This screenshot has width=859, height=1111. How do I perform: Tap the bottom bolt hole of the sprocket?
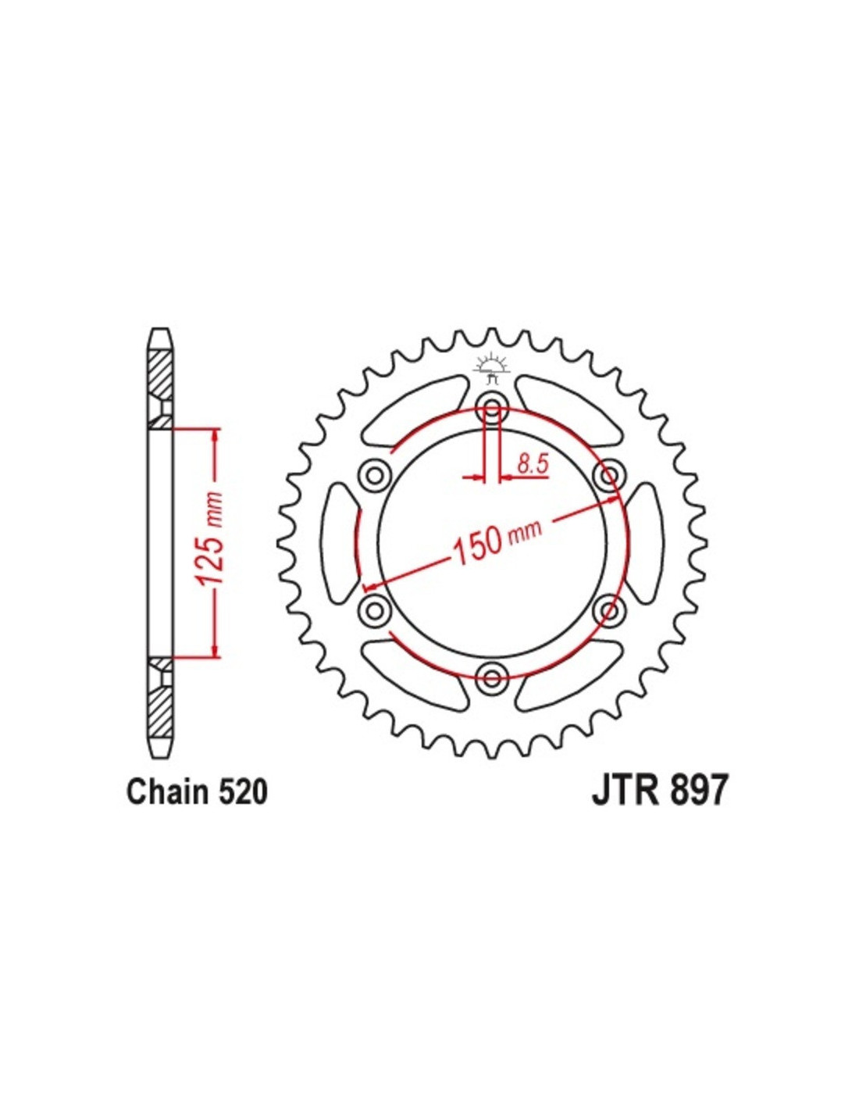(491, 678)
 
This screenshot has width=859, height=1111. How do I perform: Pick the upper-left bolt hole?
(375, 477)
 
